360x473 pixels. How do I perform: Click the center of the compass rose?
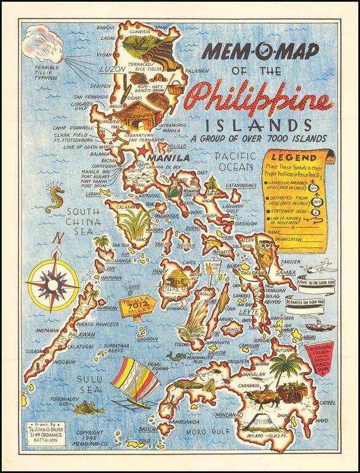click(52, 284)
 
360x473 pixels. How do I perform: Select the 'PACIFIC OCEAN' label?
click(234, 161)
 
